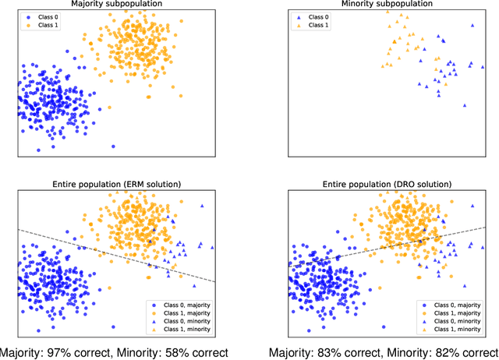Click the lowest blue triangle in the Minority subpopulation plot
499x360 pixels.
pyautogui.click(x=465, y=104)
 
